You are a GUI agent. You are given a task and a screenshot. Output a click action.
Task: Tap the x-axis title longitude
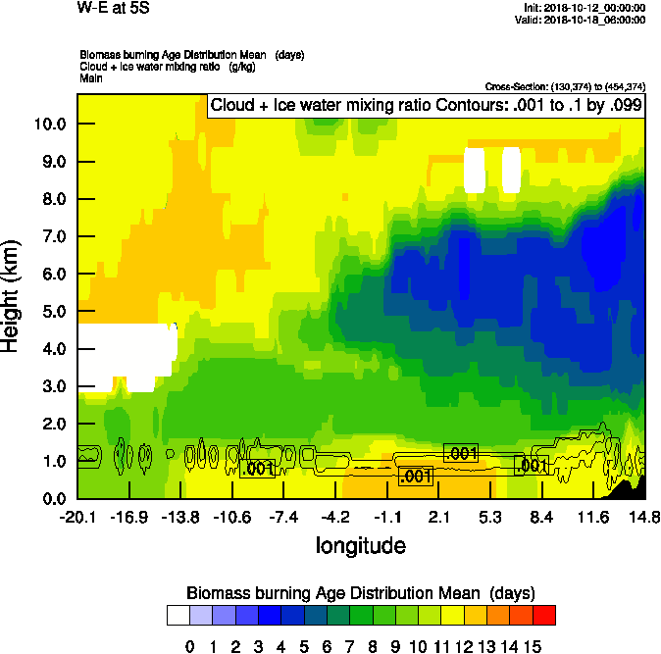click(361, 544)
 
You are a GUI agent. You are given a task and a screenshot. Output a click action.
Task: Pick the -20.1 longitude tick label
click(76, 517)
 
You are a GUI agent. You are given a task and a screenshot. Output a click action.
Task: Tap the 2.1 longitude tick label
click(439, 517)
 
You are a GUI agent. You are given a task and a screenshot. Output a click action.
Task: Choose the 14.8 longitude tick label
click(644, 517)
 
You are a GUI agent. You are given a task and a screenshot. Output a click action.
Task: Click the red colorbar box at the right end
click(544, 615)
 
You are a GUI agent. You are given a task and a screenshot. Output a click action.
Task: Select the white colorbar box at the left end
click(178, 615)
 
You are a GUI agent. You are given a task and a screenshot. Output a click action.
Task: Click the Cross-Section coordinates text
click(565, 87)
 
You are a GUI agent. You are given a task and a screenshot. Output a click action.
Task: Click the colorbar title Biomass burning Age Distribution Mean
click(361, 593)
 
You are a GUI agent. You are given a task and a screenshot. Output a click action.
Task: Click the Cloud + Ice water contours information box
click(426, 105)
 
